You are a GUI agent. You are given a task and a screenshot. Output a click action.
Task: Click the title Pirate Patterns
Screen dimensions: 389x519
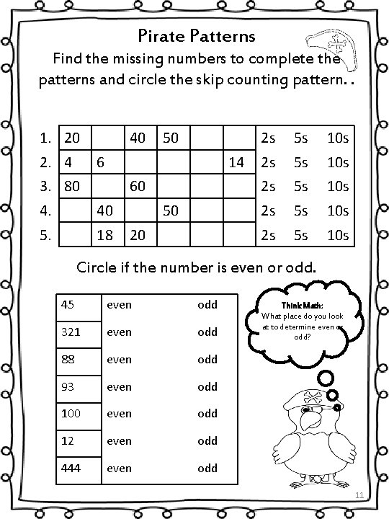pos(195,35)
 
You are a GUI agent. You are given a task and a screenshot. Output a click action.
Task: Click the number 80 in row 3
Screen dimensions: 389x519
pos(71,186)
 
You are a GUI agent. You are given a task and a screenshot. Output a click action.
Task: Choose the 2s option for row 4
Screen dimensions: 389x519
pos(268,210)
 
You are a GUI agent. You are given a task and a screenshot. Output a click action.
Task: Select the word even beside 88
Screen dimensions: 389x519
pos(119,359)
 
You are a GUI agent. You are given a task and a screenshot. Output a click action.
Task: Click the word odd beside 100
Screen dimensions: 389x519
pos(207,413)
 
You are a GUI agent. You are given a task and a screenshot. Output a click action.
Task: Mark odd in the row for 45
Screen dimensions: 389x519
pos(207,304)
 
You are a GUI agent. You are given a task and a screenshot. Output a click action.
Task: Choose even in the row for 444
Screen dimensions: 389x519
pos(119,468)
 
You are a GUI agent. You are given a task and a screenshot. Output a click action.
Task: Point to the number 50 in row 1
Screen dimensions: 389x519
pos(171,137)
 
